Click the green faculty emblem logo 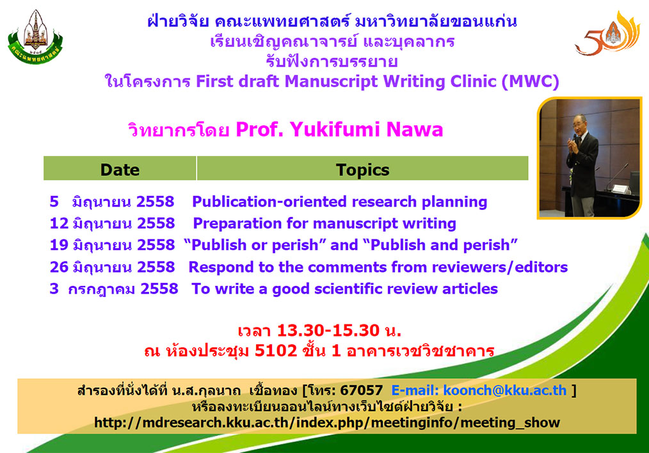pos(35,37)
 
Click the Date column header pos(120,170)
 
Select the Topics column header pos(362,170)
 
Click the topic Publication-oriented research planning pos(339,202)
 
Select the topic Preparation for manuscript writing pos(324,223)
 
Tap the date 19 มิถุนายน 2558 pos(112,245)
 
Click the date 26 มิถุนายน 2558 pos(112,267)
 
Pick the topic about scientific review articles pos(344,289)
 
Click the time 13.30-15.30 pos(328,330)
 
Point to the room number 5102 pos(276,351)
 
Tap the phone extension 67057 pos(362,390)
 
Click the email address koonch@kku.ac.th pos(504,390)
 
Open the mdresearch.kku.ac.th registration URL pos(327,422)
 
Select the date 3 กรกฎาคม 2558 pos(114,289)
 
